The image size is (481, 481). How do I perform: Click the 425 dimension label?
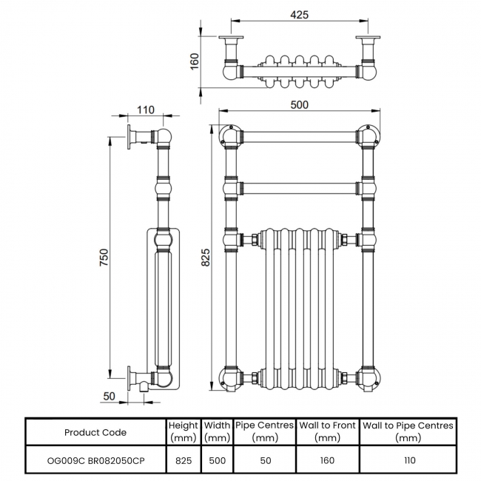tap(299, 15)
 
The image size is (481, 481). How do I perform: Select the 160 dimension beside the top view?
tap(195, 61)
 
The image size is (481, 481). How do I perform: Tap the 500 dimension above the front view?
tap(299, 105)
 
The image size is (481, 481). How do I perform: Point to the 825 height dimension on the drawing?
tap(206, 257)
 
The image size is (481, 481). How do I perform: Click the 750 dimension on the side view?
tap(104, 257)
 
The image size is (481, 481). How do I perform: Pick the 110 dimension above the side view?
tap(145, 110)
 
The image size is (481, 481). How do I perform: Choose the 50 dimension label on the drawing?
tap(109, 397)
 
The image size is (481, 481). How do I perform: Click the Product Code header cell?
tap(95, 432)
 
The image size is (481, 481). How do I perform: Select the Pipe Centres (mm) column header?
tap(264, 431)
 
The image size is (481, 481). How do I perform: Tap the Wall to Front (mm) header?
tap(327, 431)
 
